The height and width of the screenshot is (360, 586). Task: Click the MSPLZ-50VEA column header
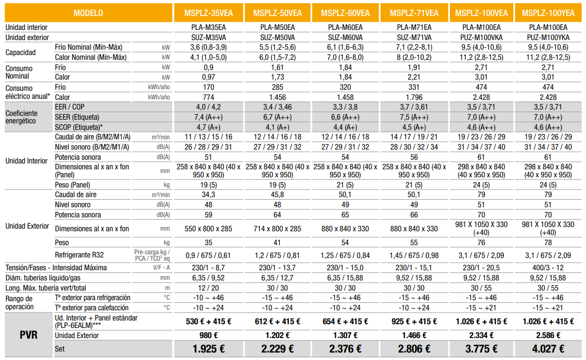[x=278, y=13]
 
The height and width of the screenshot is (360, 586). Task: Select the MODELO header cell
[x=89, y=13]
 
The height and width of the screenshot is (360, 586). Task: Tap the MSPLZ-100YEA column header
[x=548, y=13]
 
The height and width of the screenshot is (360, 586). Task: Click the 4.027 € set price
[x=548, y=349]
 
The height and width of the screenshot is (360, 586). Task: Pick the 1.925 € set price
[x=209, y=349]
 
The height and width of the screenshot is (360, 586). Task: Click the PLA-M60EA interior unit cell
[x=346, y=27]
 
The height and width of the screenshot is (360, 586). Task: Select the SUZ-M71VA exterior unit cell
[x=414, y=37]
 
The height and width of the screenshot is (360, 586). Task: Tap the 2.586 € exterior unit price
[x=548, y=335]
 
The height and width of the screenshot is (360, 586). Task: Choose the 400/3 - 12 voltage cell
[x=548, y=268]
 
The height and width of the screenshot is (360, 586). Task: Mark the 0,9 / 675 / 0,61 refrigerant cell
[x=209, y=255]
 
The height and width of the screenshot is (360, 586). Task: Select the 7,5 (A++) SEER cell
[x=414, y=117]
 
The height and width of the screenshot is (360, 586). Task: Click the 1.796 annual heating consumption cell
[x=414, y=97]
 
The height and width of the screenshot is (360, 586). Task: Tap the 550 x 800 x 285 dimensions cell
[x=209, y=229]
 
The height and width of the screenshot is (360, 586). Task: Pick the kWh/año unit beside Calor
[x=159, y=97]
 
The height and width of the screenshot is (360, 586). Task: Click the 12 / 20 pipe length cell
[x=209, y=287]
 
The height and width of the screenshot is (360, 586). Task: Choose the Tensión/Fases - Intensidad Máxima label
[x=56, y=268]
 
